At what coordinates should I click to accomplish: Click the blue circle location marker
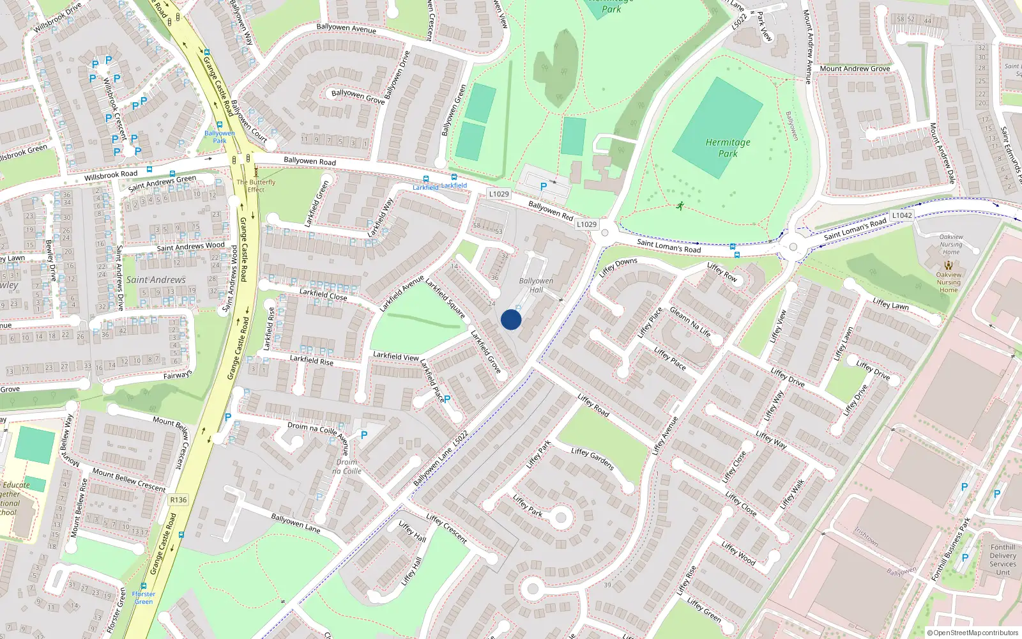point(511,319)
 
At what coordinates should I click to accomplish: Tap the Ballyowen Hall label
point(536,285)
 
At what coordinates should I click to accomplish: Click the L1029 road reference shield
point(499,194)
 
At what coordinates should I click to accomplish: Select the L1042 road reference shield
point(902,215)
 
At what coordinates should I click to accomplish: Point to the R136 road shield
point(178,500)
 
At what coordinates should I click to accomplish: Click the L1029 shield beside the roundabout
point(586,224)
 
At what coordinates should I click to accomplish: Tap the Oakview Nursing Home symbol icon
point(949,265)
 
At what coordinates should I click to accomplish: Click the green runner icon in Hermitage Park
point(680,206)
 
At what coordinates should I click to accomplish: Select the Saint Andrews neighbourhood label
point(156,280)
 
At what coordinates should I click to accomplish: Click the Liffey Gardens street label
point(592,459)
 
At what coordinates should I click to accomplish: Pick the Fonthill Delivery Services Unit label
point(1002,560)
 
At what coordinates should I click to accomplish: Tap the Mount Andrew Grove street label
point(855,68)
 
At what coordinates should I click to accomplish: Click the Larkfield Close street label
point(323,295)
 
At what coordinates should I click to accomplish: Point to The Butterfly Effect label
point(256,186)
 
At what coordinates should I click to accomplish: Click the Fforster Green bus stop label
point(144,597)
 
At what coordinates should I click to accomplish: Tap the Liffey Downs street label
point(618,266)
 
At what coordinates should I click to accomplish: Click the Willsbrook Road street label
point(111,175)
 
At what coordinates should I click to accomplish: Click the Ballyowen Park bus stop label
point(220,137)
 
